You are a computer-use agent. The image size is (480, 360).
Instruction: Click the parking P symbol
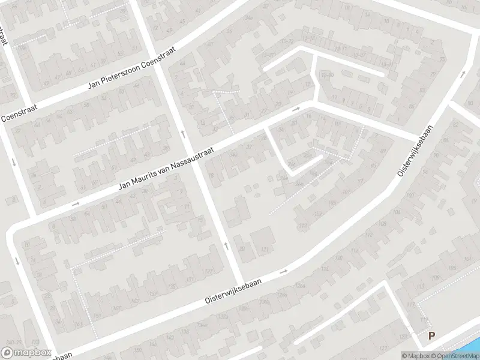point(431,337)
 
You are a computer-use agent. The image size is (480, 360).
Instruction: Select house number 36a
point(233,155)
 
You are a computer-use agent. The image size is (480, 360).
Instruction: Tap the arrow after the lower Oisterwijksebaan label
point(285,272)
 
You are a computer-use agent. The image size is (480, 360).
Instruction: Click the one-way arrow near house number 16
point(296,110)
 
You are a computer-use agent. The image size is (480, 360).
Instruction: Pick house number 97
point(361,181)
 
